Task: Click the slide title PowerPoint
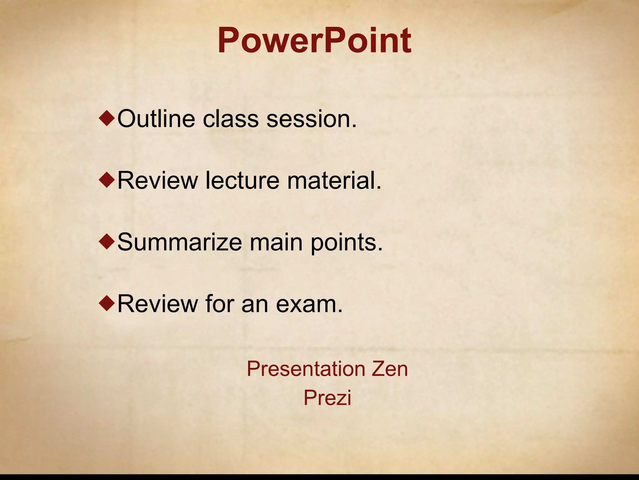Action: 315,41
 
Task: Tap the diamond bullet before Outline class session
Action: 107,119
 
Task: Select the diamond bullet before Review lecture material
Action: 107,181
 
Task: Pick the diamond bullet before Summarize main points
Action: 107,242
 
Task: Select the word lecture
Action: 242,181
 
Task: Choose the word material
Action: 334,181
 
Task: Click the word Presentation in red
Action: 306,369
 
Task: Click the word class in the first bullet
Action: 231,119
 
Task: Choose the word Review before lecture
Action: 158,181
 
